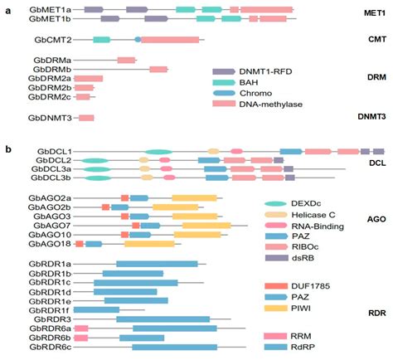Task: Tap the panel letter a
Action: tap(7, 7)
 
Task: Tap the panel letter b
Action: tap(7, 150)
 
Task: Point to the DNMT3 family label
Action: tap(370, 117)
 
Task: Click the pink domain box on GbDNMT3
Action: tap(85, 119)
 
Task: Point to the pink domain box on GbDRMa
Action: tap(126, 61)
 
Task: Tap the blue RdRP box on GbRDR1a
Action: tap(156, 264)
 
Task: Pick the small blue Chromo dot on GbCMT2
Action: tap(138, 40)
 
